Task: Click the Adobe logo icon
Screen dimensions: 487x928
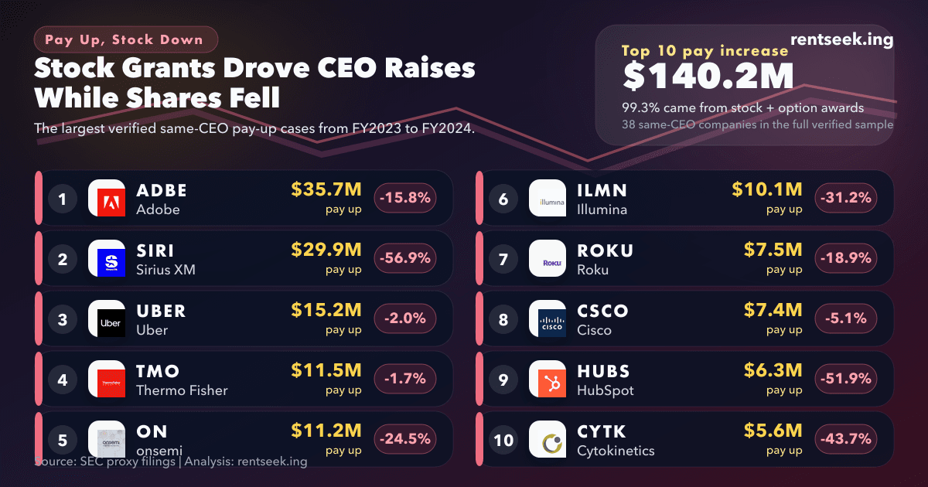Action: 107,199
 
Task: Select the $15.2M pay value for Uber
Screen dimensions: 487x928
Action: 326,310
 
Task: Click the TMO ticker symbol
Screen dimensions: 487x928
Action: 158,371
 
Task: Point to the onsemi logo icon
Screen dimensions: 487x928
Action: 107,439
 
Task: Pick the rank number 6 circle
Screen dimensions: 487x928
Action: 503,199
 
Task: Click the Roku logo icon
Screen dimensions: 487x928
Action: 548,259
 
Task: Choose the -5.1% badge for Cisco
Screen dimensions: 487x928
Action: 846,318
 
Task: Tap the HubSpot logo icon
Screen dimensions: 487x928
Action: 548,380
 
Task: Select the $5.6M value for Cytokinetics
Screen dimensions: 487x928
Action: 773,431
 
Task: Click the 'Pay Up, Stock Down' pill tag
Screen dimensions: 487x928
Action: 126,39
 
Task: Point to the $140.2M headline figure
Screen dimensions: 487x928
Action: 708,77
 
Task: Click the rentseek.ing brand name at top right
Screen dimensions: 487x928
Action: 842,39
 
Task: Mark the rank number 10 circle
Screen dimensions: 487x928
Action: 503,440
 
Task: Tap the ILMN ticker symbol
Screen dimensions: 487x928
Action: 602,190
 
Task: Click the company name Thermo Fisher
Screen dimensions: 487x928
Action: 182,390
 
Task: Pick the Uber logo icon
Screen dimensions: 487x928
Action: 107,319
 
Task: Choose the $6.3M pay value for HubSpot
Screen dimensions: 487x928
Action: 773,370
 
